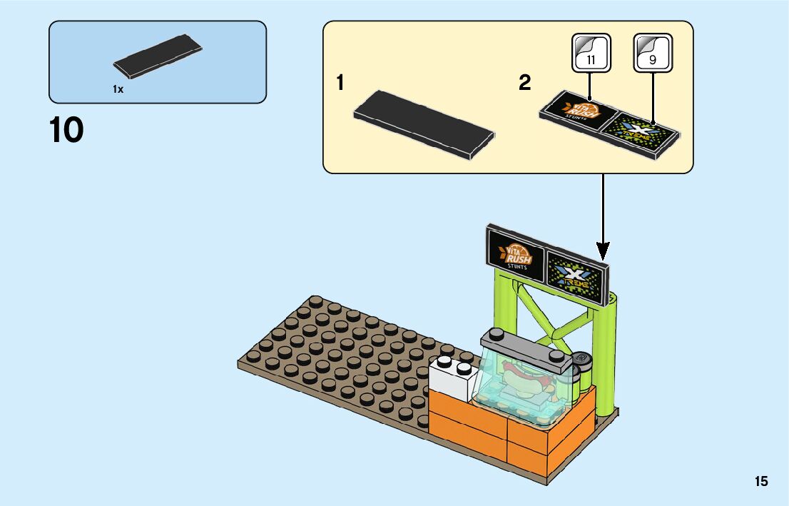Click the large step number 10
(66, 131)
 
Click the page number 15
(761, 482)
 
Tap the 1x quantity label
(118, 89)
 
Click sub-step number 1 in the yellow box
(340, 84)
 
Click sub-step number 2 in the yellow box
(525, 84)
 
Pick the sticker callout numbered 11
(591, 54)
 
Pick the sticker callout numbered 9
(652, 54)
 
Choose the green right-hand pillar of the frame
(609, 357)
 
